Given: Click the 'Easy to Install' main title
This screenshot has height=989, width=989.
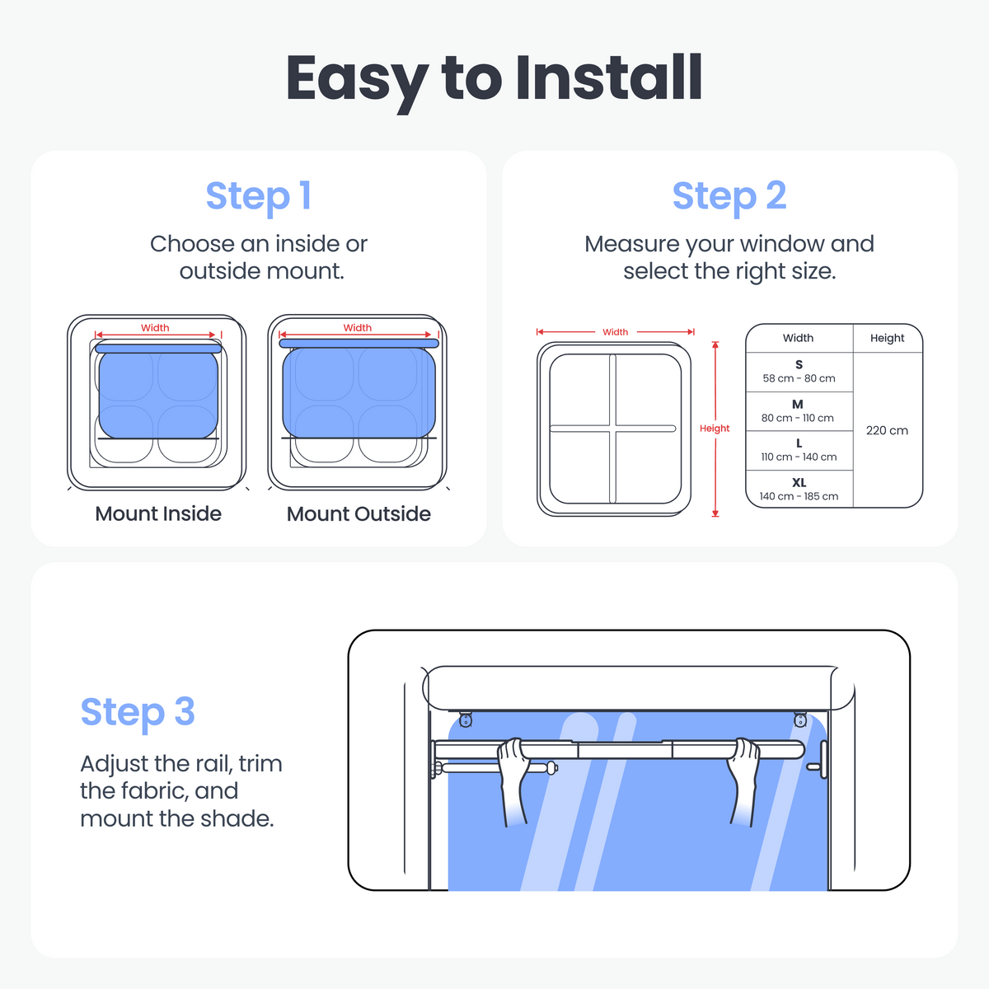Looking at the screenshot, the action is (494, 80).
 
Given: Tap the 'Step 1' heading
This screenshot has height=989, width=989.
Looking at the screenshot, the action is (258, 196).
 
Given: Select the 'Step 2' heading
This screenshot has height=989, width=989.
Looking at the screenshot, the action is (729, 196).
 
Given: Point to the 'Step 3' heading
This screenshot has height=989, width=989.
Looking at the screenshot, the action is (138, 712).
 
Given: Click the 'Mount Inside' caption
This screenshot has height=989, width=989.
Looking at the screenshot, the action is (158, 513).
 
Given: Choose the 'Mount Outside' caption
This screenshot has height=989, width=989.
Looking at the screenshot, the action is (359, 513).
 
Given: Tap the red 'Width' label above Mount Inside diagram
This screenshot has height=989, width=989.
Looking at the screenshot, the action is (155, 327).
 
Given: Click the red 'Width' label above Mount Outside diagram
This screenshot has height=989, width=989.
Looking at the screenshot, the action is (357, 327).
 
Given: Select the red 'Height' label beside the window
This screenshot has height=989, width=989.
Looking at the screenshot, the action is (715, 428).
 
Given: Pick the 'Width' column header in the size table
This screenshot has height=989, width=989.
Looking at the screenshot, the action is (798, 338).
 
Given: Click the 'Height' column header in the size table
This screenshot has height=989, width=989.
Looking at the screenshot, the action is (887, 338).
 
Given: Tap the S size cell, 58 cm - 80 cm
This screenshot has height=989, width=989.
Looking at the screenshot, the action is (799, 372).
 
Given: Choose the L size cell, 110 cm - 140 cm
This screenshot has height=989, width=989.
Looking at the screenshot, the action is (799, 450).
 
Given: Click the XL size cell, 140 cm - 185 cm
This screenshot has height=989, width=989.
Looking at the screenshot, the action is (799, 489).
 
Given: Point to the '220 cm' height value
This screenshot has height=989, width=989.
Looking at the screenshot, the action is (887, 430).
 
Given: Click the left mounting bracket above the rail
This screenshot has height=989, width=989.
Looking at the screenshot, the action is (466, 719).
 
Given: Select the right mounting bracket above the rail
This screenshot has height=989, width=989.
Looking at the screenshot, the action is (800, 719).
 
